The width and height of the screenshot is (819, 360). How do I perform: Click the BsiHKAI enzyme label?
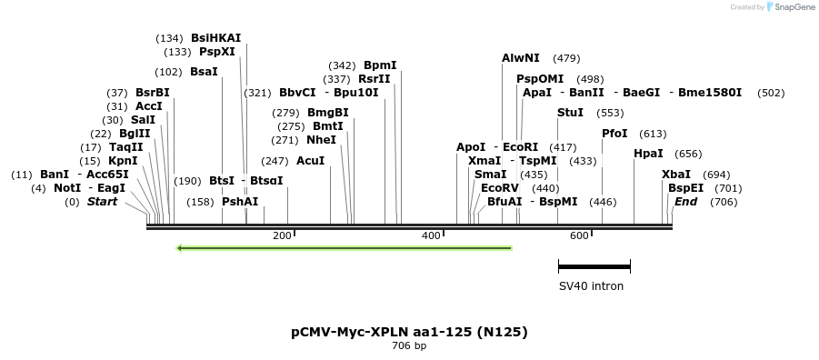coord(215,38)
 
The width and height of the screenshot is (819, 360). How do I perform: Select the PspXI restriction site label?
coord(216,52)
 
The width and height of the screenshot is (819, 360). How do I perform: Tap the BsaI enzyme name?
coord(204,72)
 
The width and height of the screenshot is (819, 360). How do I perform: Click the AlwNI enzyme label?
coord(520,58)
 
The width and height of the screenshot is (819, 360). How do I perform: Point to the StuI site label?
coord(570,113)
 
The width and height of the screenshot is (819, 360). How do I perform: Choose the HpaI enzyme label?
coord(648,154)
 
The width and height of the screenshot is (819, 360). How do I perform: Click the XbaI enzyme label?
coord(675,175)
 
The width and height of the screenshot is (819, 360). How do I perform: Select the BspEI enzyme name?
coord(685,188)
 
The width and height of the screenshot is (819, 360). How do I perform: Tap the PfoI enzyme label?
coord(614,134)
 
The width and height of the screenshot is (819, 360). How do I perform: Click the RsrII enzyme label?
coord(374,79)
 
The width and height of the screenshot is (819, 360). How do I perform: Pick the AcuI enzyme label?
coord(310,161)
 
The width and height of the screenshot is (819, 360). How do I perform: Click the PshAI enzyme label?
coord(240,202)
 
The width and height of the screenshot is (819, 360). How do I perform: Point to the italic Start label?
coord(102,202)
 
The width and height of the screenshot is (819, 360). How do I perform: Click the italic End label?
coord(685,202)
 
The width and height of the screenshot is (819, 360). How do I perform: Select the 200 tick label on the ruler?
coord(282,236)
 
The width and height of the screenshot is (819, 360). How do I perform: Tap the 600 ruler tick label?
coord(579,236)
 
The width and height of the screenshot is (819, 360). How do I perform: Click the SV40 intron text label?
coord(591,286)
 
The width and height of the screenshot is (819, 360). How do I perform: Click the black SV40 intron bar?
coord(594,267)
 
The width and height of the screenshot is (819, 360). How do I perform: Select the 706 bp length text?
coord(409,346)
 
